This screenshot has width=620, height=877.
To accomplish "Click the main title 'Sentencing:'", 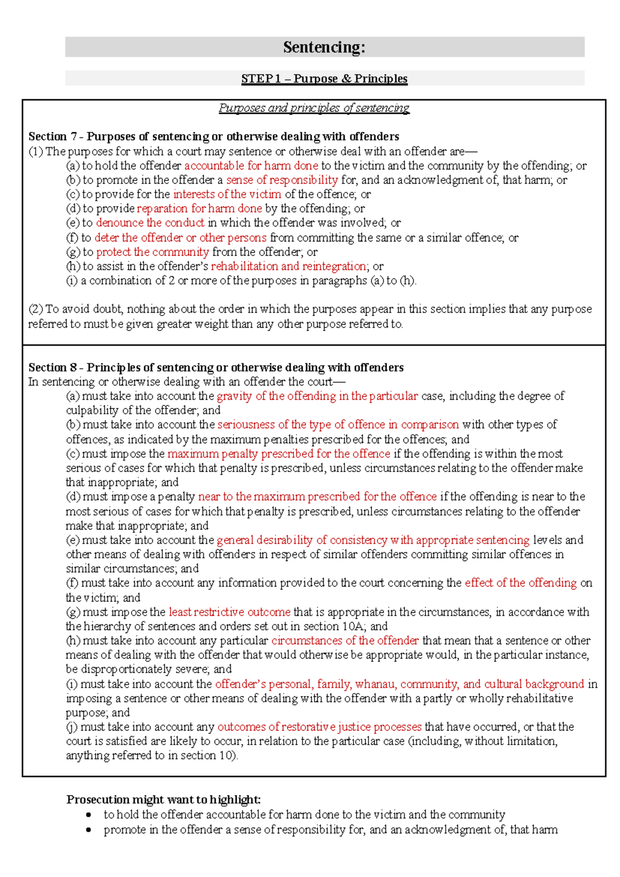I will point(324,47).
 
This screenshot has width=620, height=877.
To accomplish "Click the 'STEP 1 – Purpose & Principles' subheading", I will point(324,79).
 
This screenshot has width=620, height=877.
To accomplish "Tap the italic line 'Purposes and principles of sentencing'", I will point(314,108).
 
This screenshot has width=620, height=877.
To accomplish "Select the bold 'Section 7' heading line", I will point(213,137).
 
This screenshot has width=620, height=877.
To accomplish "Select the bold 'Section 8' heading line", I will point(216,368).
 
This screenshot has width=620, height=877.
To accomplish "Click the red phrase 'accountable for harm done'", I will point(251,165).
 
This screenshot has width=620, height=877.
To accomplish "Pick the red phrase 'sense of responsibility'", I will point(282,180).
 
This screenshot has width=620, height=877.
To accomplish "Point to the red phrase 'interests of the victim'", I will point(227,194).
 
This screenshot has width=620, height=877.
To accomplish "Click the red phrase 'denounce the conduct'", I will point(150,223).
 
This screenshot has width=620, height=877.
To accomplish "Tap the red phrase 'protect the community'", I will point(152,252).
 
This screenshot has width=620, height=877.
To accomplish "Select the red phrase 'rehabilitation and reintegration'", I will point(289,266).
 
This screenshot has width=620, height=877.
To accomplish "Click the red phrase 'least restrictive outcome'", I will point(229,612).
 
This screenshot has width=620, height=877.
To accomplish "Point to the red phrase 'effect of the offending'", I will point(520,583).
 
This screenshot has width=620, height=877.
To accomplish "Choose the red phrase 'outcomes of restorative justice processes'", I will point(319,727).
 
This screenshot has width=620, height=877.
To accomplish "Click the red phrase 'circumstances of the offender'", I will point(345,641).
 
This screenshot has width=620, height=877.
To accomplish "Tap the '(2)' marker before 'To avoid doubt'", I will point(36,309).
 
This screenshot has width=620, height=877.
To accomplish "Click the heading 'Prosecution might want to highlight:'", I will point(163,799).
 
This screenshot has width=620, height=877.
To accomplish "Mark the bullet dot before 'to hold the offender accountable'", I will point(89,815).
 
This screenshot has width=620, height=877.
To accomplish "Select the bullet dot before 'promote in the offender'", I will point(89,830).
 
